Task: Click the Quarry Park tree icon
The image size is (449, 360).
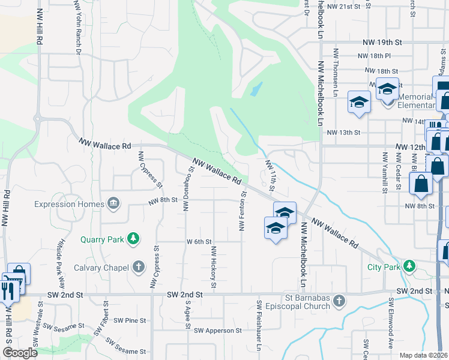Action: point(133,239)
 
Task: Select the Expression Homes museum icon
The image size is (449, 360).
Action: point(112,203)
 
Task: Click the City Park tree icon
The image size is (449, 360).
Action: point(409,265)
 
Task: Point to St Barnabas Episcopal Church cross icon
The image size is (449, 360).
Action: point(339,300)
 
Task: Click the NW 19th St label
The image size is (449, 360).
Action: point(382,43)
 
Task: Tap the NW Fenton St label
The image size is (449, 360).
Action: point(243,212)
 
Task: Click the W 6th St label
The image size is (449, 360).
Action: point(199,242)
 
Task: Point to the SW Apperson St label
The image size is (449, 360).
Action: point(217,331)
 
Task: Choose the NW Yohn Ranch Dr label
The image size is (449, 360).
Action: point(78,27)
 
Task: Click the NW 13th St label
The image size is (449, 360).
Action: point(343,132)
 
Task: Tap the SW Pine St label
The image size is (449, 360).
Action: point(129,320)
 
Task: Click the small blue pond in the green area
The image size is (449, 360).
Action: point(256,90)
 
